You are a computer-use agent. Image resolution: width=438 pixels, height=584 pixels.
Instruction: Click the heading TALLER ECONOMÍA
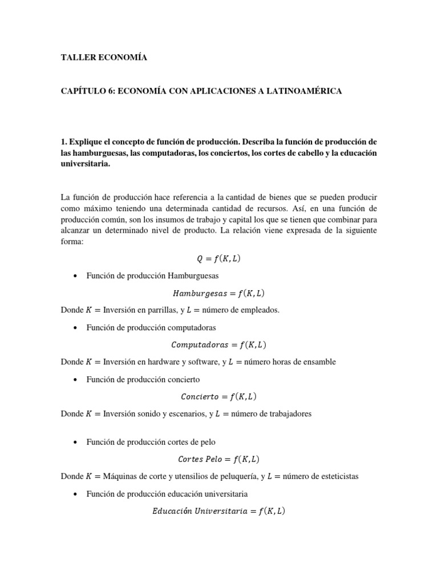click(x=103, y=58)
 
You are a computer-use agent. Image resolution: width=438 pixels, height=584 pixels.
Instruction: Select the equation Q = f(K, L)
click(x=218, y=258)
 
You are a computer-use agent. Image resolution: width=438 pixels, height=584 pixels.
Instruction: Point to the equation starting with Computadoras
click(x=218, y=344)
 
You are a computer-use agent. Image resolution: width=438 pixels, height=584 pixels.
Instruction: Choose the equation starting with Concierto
click(x=218, y=396)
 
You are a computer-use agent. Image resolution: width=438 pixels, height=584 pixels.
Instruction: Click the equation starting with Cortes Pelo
click(x=218, y=459)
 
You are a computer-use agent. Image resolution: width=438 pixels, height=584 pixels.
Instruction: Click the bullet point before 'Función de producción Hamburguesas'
click(x=75, y=276)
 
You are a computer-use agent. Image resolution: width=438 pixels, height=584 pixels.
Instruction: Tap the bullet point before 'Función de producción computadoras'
click(x=75, y=328)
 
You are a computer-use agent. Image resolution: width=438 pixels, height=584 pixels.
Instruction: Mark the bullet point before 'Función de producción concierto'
click(x=75, y=380)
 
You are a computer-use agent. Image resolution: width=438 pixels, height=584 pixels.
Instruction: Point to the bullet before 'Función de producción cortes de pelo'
click(x=75, y=442)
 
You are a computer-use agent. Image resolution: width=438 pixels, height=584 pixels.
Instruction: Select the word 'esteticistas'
click(x=338, y=476)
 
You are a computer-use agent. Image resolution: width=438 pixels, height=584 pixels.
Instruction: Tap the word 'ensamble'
click(x=319, y=362)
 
